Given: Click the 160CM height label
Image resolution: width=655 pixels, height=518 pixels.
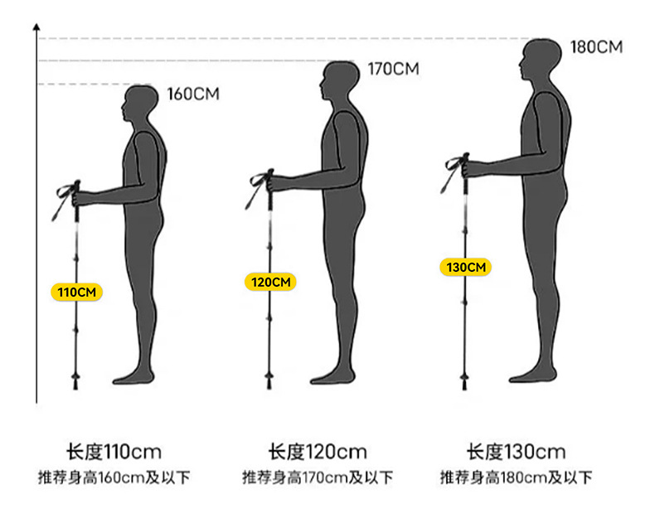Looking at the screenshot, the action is tap(193, 94).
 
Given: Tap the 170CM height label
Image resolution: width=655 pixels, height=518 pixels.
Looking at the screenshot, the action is tap(393, 69).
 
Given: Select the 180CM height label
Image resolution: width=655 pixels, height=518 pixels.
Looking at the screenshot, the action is tap(595, 47).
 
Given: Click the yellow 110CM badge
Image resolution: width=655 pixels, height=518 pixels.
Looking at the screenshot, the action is tap(76, 292).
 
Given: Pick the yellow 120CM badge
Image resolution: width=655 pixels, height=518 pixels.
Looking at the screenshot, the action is tap(270, 282).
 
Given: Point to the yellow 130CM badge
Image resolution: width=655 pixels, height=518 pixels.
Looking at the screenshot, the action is tap(465, 267).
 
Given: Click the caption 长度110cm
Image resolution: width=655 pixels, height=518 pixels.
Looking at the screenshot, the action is tap(114, 452).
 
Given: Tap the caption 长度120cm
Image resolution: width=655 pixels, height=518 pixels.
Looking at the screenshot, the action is tap(317, 452).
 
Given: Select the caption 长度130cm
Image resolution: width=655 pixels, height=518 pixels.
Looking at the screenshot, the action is tap(516, 452).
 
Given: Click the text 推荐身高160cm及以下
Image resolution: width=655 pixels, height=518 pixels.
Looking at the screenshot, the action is tap(114, 477).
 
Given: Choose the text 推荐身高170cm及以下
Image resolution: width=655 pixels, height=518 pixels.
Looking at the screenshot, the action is tap(317, 477).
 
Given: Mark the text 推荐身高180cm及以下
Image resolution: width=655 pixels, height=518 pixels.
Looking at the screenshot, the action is tap(516, 477).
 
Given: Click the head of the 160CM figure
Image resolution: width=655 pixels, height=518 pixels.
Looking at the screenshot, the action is tap(141, 105).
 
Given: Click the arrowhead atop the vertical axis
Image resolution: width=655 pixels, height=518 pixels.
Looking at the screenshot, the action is tap(36, 27).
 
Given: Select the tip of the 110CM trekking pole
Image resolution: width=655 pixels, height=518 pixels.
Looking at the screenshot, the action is tap(75, 386).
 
